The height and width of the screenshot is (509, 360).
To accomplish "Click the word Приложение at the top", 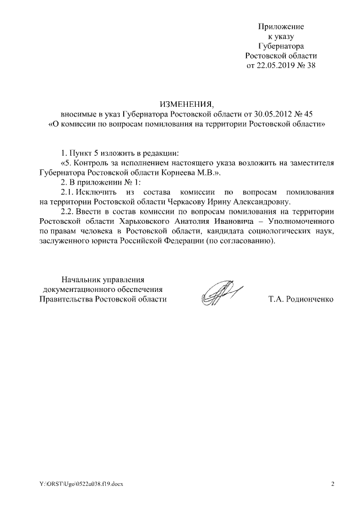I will pos(281,26).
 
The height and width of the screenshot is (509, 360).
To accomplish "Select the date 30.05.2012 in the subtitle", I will pos(264,114).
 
